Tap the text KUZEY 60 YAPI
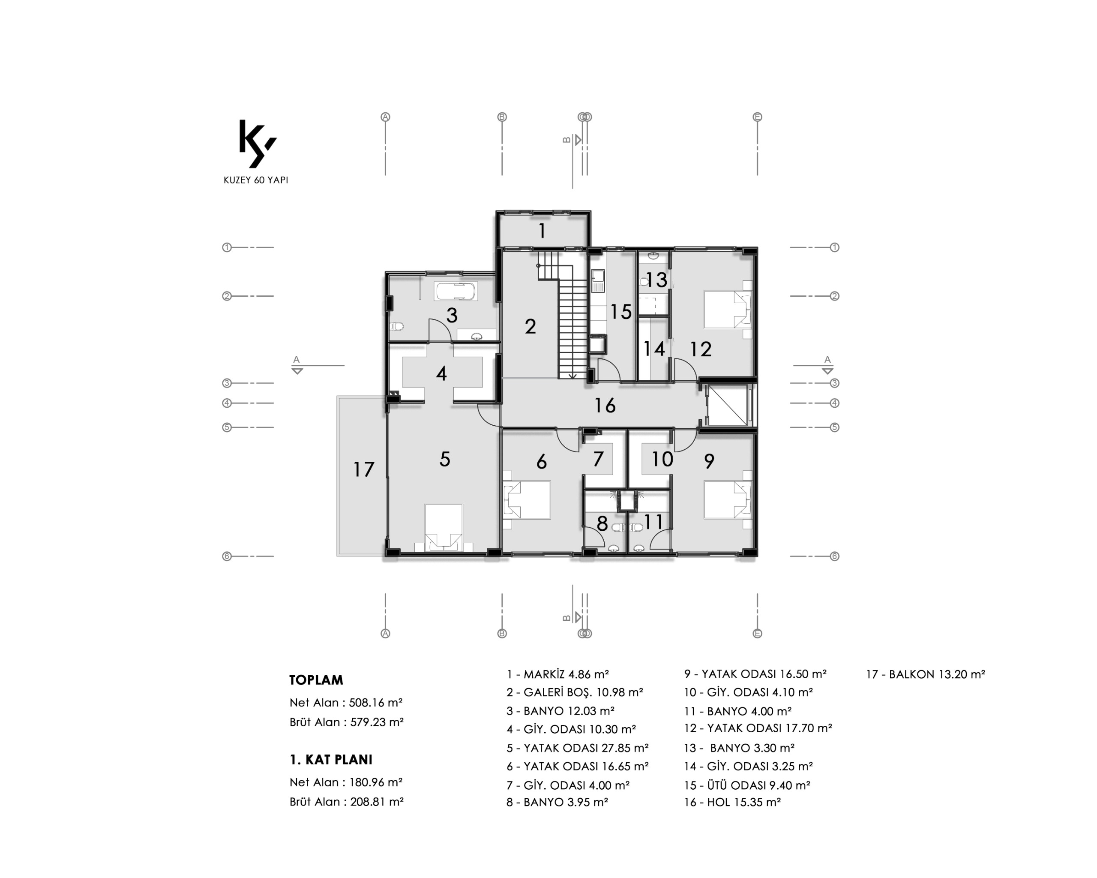click(x=256, y=180)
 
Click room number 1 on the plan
click(x=543, y=231)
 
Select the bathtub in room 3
click(x=456, y=292)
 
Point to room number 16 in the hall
click(x=605, y=406)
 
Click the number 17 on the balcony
click(x=364, y=469)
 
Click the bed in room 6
click(x=527, y=500)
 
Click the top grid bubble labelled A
click(x=385, y=117)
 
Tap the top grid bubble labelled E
click(x=757, y=117)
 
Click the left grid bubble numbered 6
click(x=227, y=556)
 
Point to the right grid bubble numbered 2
click(x=834, y=296)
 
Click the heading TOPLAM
click(x=316, y=680)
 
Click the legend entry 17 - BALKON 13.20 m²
click(x=926, y=674)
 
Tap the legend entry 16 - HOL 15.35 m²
click(x=732, y=802)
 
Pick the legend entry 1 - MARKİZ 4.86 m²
click(x=557, y=674)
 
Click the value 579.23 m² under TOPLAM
click(x=377, y=722)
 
